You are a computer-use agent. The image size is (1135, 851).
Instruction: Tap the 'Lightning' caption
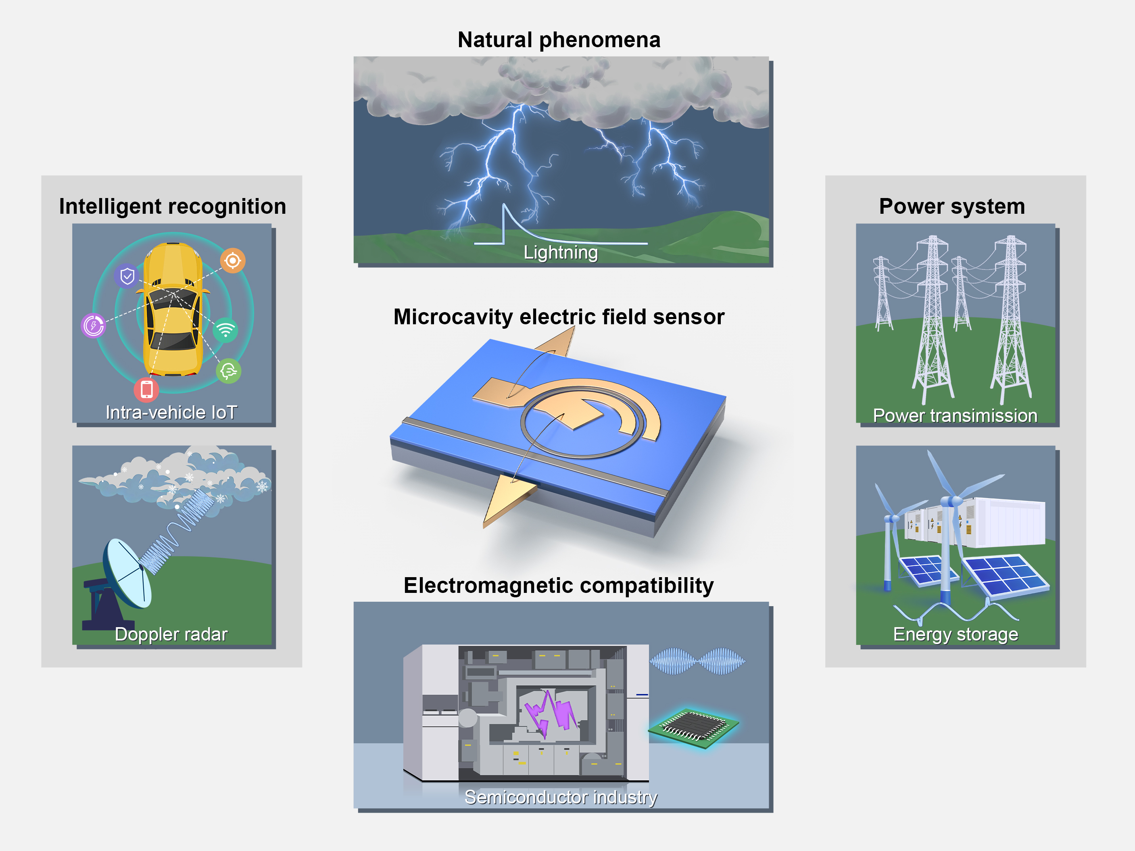[560, 252]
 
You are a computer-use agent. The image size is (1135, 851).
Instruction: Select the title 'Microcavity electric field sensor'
[559, 317]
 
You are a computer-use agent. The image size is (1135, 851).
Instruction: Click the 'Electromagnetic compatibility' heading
[558, 585]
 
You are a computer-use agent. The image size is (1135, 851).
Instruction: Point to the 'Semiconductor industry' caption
[560, 797]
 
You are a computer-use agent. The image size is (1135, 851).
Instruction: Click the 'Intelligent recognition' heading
[172, 206]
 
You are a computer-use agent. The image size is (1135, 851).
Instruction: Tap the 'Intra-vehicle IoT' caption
[171, 413]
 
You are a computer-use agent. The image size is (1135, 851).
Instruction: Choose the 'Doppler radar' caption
[171, 634]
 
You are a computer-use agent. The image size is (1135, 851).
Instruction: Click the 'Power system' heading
[952, 206]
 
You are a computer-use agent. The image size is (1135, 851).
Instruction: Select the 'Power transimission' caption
[955, 415]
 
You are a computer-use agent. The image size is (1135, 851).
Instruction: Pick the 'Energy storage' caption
[956, 634]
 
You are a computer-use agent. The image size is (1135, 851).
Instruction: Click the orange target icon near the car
[233, 261]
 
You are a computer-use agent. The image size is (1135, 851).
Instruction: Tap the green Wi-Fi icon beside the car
[226, 330]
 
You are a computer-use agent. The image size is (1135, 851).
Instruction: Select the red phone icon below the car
[146, 389]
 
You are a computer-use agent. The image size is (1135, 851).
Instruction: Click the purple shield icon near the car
[127, 277]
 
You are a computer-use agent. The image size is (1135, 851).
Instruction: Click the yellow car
[173, 310]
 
